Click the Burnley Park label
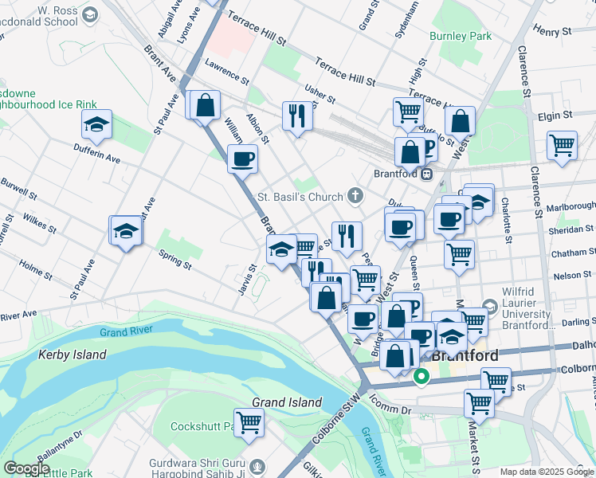click(461, 36)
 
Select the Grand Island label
click(287, 402)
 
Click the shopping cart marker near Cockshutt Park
click(249, 422)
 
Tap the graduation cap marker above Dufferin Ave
click(96, 124)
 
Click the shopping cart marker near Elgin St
click(562, 146)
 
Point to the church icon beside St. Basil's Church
click(355, 196)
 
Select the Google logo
click(26, 468)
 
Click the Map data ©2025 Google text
click(547, 472)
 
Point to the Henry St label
click(553, 31)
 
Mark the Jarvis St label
click(245, 280)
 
